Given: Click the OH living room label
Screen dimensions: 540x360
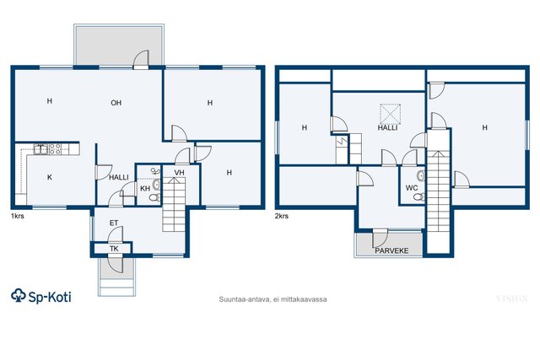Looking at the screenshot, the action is click(x=116, y=103).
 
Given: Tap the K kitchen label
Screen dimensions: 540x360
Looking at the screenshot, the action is click(x=50, y=177).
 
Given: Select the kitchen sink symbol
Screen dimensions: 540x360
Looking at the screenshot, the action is click(x=40, y=149).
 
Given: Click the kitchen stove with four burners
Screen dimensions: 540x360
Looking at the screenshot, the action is click(x=55, y=149).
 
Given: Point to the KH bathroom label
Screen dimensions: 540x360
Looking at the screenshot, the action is click(x=145, y=189).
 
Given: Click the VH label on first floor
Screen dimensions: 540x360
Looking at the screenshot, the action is click(x=179, y=173).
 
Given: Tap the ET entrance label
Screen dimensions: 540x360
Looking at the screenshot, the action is click(x=114, y=223).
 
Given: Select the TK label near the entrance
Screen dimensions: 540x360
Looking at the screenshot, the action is click(x=114, y=249).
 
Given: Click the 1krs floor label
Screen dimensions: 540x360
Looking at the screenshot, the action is click(x=18, y=216).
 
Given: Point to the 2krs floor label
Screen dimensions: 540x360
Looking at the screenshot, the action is click(x=282, y=216).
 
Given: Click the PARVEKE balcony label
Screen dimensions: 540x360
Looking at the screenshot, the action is click(x=391, y=250).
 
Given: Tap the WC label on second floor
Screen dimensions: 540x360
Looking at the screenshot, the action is click(x=412, y=188).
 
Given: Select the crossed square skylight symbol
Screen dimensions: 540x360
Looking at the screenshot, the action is click(x=390, y=114).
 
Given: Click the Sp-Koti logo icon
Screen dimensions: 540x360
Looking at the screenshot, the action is click(x=19, y=296).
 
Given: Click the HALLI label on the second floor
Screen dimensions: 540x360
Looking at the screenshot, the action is click(x=387, y=127).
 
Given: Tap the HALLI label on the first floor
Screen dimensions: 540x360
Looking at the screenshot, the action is click(x=119, y=177).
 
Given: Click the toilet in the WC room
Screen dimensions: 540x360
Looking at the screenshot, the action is click(x=419, y=197).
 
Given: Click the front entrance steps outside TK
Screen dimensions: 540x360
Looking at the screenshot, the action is click(x=116, y=287).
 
